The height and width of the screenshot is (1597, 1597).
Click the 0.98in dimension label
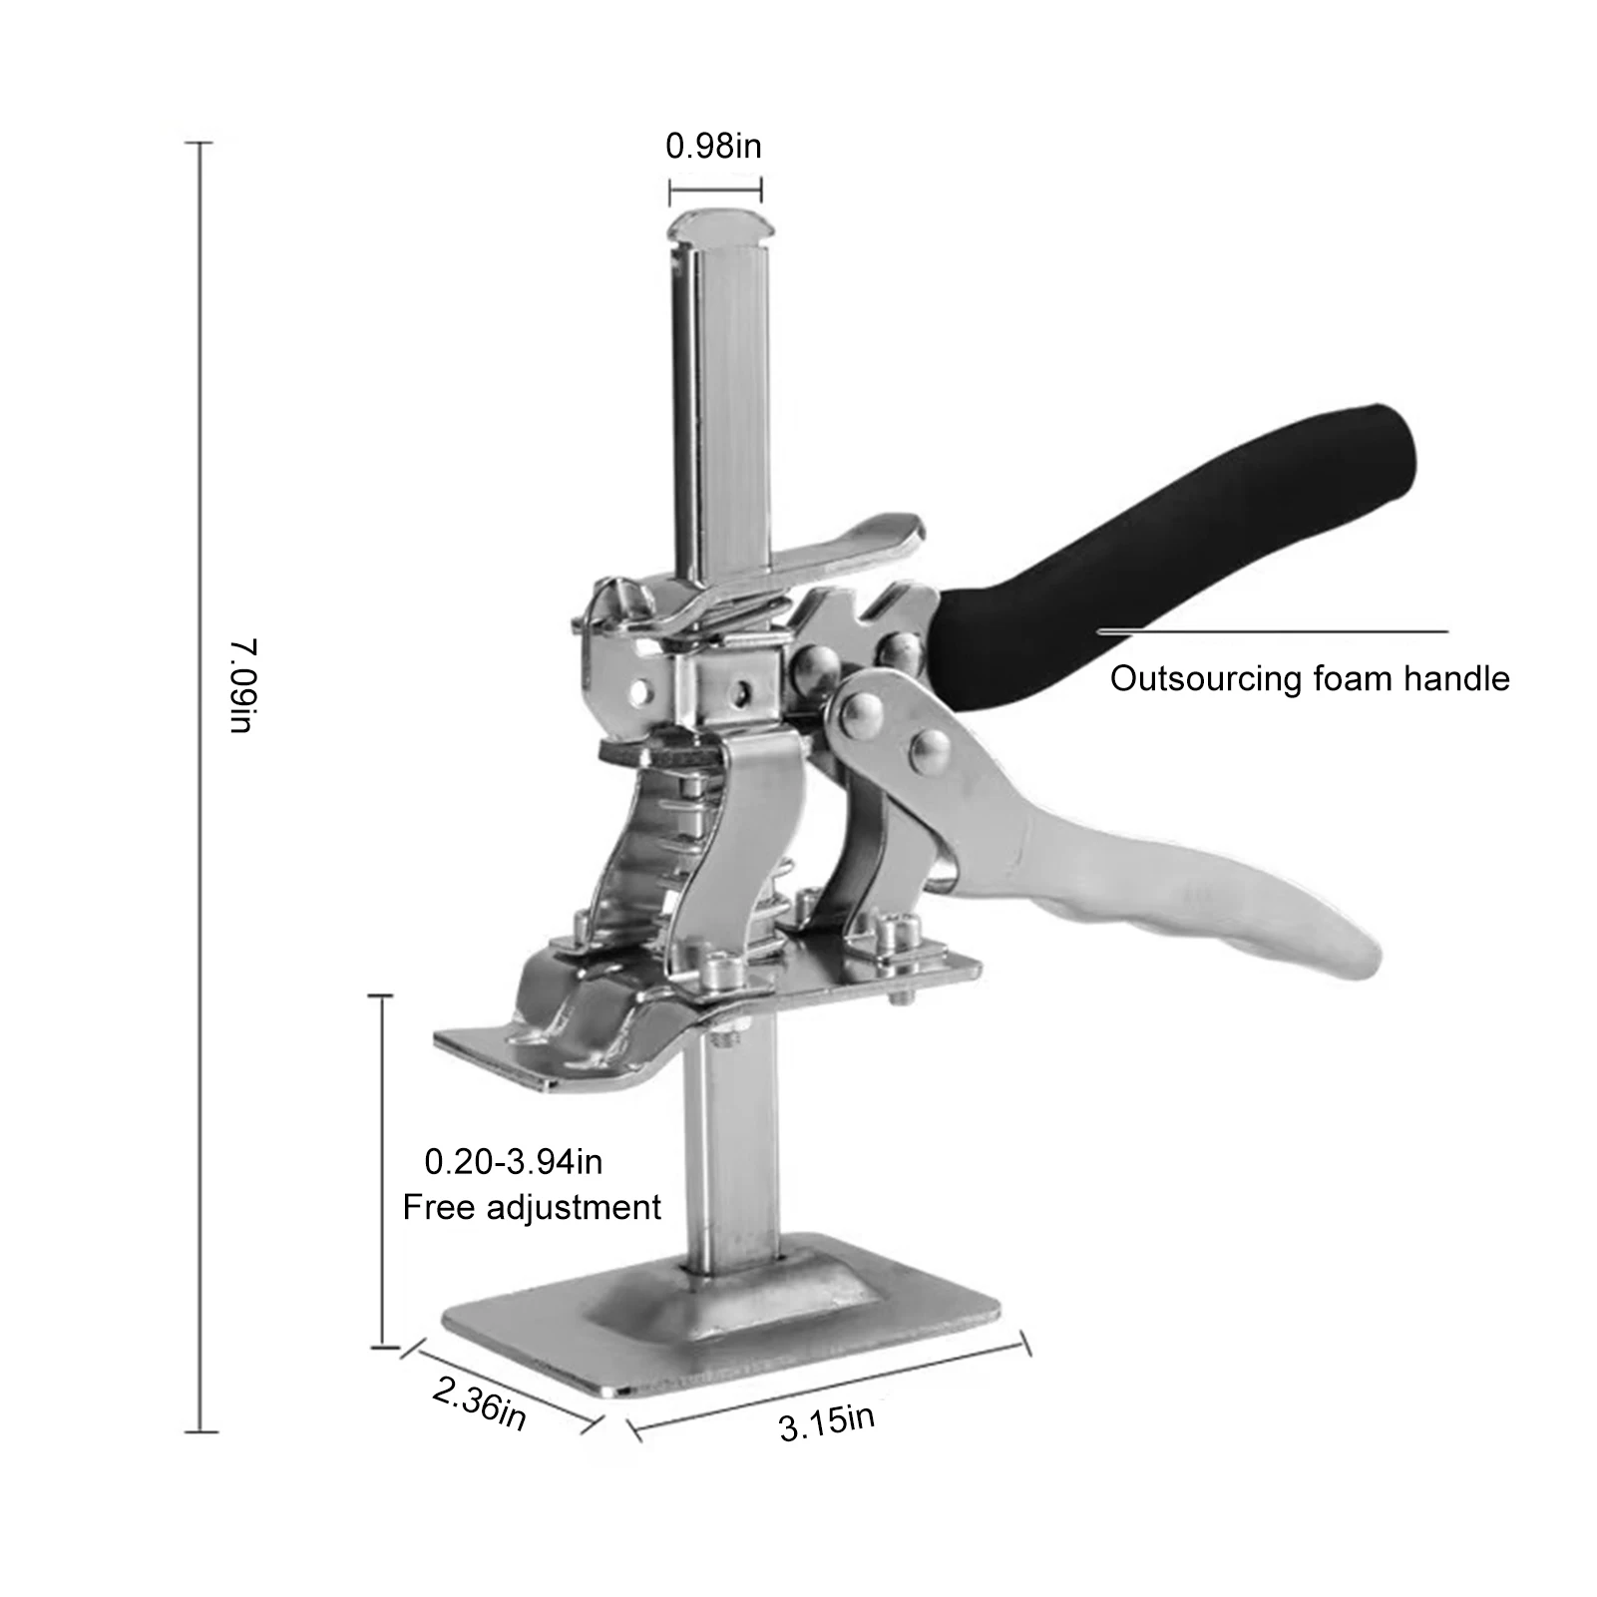(x=713, y=147)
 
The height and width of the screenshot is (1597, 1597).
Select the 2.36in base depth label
(x=479, y=1404)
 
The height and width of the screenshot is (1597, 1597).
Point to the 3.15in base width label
(x=826, y=1420)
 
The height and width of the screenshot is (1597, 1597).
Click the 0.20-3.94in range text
(x=513, y=1161)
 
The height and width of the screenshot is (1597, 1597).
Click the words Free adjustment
(x=531, y=1207)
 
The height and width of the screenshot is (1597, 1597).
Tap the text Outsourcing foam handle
(x=1309, y=679)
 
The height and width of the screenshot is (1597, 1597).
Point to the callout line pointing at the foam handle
(x=1272, y=631)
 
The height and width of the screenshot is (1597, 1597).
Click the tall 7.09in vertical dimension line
(x=200, y=788)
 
